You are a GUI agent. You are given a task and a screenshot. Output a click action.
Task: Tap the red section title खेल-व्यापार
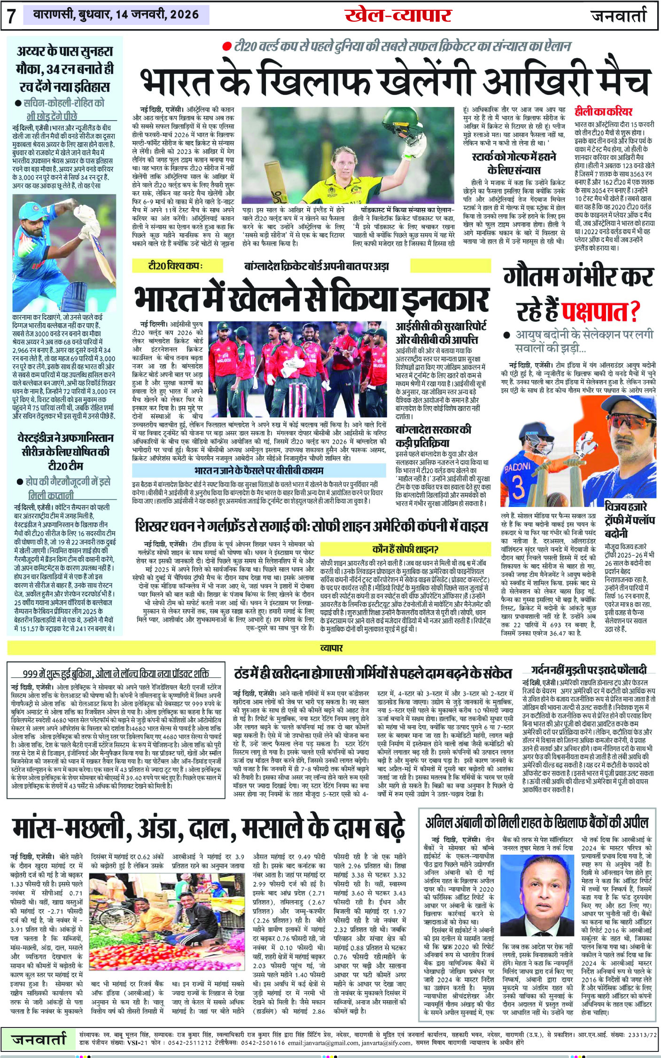[398, 16]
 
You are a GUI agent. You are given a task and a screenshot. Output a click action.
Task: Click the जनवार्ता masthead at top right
[619, 16]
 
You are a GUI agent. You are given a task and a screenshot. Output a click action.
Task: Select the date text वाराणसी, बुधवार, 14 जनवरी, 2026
[116, 15]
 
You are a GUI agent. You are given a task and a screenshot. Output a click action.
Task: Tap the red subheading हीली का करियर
[603, 112]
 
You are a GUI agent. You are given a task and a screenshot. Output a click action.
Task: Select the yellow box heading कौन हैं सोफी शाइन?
[404, 549]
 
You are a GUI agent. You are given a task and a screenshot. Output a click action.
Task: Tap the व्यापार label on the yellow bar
[331, 648]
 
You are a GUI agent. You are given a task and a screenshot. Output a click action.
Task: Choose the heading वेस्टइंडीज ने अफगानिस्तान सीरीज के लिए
[65, 444]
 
